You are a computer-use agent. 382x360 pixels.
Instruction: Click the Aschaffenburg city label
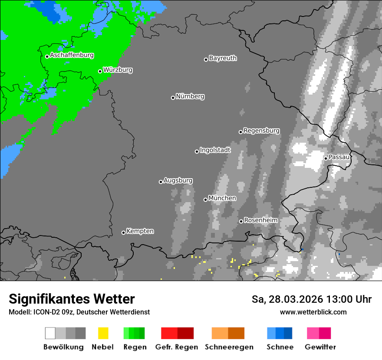tap(72, 55)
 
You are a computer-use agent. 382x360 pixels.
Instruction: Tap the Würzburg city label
tap(118, 70)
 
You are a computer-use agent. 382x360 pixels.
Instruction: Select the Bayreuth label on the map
tap(223, 58)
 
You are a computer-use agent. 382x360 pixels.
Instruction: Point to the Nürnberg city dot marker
tap(173, 98)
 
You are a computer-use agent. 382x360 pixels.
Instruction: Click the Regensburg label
tap(261, 131)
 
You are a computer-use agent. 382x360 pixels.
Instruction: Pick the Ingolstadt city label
tap(215, 150)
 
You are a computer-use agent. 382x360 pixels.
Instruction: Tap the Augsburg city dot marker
tap(161, 182)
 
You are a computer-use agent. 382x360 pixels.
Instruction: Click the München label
tap(222, 198)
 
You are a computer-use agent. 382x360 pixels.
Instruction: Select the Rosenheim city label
tap(260, 220)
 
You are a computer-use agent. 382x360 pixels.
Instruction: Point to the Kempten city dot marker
tap(123, 232)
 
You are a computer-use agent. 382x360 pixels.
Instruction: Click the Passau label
tap(339, 157)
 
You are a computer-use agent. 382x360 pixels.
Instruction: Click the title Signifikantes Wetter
tap(72, 299)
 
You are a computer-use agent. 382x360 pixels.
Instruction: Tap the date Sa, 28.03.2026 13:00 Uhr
tap(311, 299)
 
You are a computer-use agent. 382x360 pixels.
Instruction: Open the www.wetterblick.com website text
tap(313, 312)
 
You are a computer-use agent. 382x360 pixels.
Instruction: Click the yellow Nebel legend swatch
tap(103, 333)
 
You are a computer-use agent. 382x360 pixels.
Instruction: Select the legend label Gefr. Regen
tap(177, 347)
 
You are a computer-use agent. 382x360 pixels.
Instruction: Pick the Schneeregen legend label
tap(229, 347)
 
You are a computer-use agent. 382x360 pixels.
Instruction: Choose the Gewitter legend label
tap(320, 347)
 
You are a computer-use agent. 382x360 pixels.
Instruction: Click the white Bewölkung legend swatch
tap(50, 333)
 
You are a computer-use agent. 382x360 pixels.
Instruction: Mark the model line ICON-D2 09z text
tap(79, 312)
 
